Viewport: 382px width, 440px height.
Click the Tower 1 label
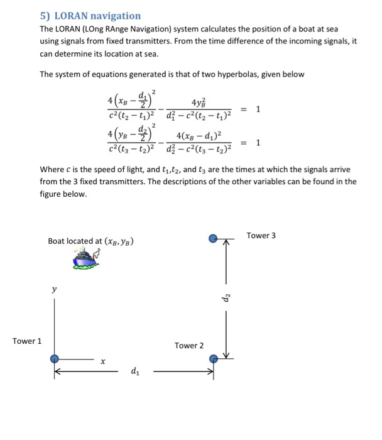point(27,341)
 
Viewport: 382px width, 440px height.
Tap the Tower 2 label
point(189,346)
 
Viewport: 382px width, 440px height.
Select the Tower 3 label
point(261,236)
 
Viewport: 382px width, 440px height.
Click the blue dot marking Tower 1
point(55,358)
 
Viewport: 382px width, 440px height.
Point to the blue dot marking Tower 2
point(214,358)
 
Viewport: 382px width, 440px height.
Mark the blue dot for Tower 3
point(214,239)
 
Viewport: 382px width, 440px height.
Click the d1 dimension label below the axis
point(134,371)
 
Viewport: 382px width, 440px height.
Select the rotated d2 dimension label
point(227,298)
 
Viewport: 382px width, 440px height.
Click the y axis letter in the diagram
point(54,290)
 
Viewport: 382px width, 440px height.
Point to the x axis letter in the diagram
point(102,361)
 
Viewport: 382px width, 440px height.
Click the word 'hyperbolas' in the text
point(222,74)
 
